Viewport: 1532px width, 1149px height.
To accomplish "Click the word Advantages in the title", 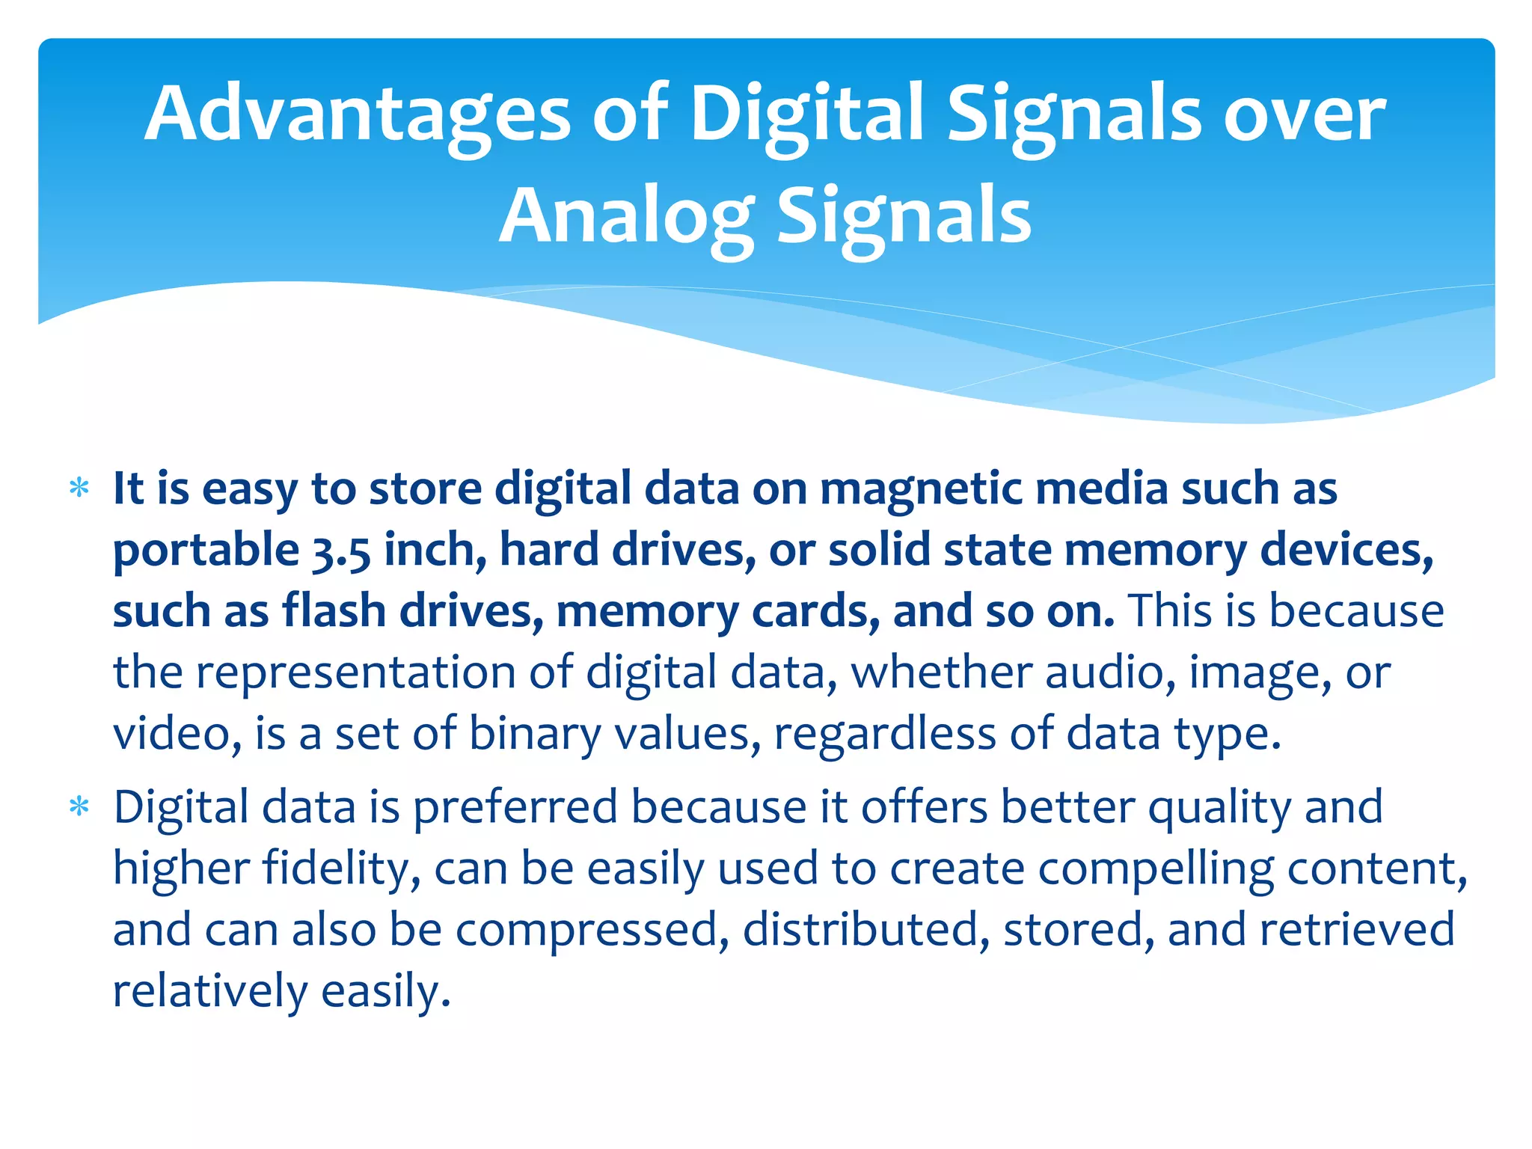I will [358, 114].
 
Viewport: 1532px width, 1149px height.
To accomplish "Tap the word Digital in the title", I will [806, 114].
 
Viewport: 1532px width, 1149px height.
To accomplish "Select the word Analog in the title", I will [627, 217].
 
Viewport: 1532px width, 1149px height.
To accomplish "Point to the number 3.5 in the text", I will [340, 551].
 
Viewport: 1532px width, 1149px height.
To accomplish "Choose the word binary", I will [534, 733].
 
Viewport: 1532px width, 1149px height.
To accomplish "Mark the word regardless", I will [884, 733].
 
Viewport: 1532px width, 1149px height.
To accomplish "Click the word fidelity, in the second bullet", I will [341, 869].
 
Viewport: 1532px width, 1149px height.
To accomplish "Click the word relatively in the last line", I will [210, 991].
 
